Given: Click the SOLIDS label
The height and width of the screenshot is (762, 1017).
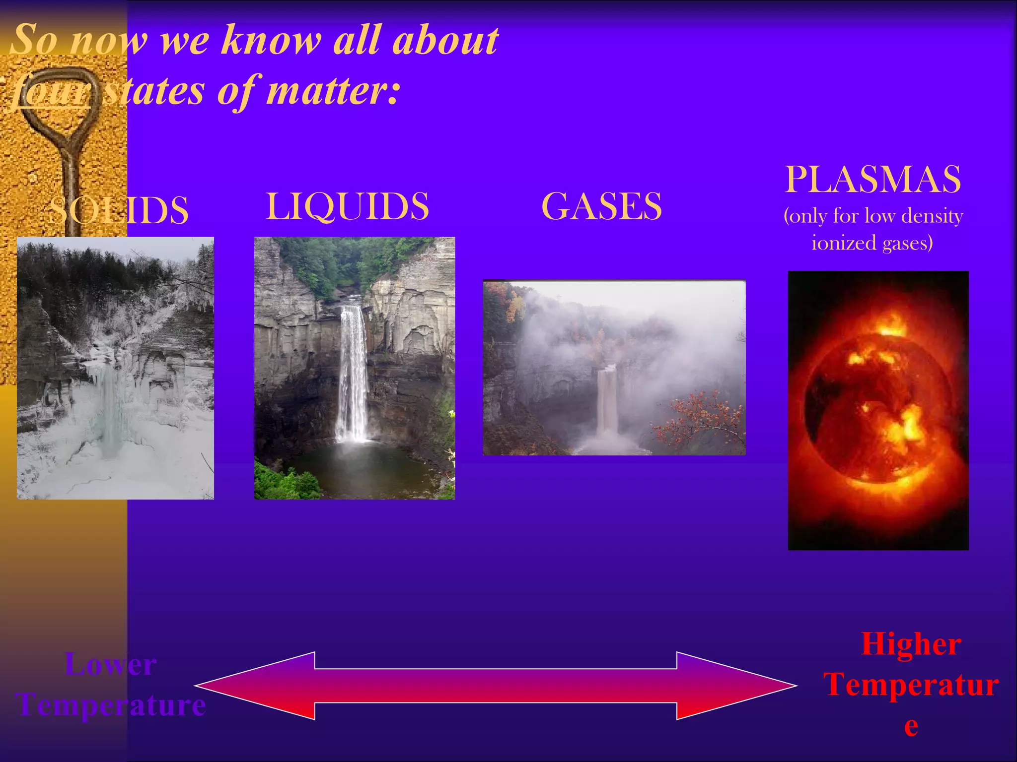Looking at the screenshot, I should click(119, 210).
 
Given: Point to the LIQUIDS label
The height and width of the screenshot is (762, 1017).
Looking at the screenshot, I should click(348, 206).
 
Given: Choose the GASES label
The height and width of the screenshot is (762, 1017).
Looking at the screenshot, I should click(601, 206).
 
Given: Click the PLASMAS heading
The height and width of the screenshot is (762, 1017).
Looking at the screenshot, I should click(872, 179).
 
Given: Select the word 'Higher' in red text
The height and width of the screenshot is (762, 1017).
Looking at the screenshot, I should click(911, 644).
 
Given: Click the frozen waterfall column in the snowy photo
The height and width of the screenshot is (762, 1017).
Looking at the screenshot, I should click(109, 412).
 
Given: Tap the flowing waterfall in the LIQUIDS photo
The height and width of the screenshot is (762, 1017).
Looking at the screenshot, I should click(353, 372).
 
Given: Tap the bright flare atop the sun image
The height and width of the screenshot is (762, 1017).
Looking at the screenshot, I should click(891, 325).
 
